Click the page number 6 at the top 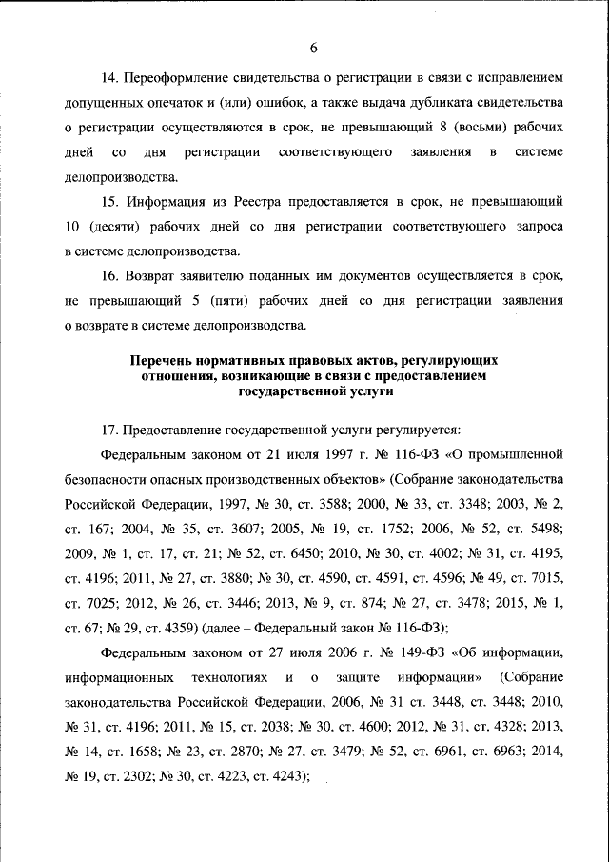point(312,50)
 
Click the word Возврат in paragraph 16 point(155,276)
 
